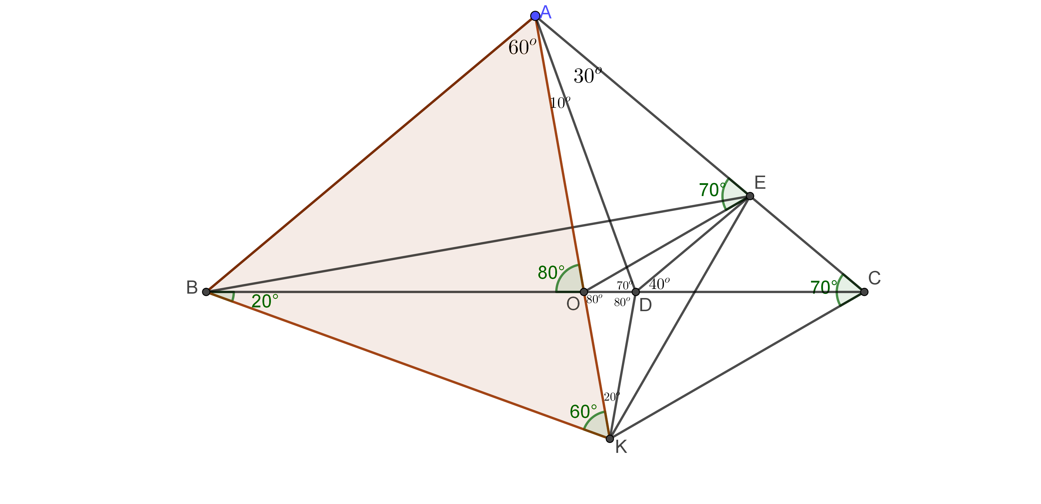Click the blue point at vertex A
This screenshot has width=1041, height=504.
(x=535, y=16)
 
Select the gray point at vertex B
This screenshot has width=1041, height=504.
(x=206, y=292)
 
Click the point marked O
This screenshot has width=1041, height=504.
(x=584, y=292)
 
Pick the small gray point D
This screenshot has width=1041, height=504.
(x=636, y=292)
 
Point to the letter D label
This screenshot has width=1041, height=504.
(x=645, y=305)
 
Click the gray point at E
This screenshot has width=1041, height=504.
(x=750, y=196)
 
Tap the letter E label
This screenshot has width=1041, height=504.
(x=760, y=183)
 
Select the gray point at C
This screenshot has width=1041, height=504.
(x=864, y=292)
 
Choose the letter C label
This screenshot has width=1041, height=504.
(x=874, y=278)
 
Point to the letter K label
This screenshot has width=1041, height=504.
(x=621, y=447)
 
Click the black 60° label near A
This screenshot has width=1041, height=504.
(x=522, y=47)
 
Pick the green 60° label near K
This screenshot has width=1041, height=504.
(x=583, y=411)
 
